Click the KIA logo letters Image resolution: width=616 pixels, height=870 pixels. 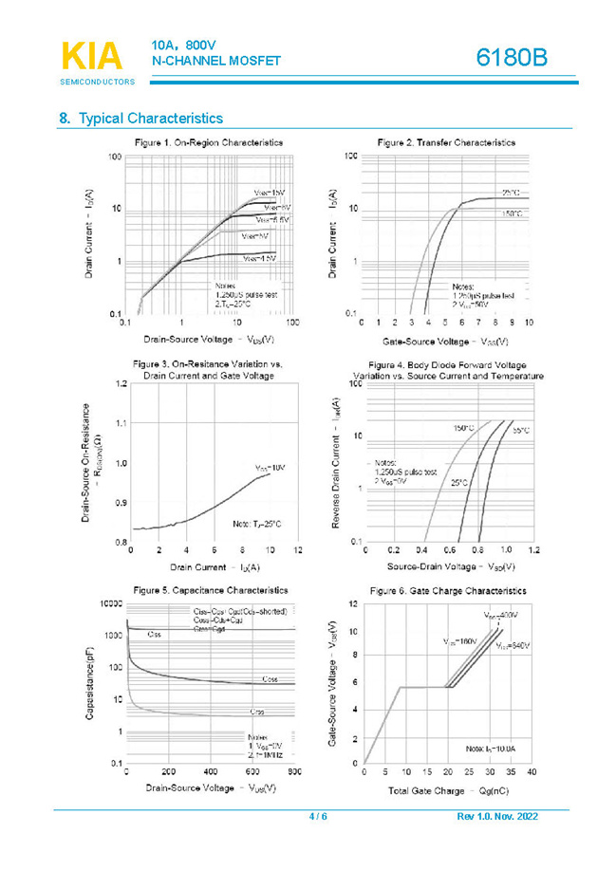pos(91,56)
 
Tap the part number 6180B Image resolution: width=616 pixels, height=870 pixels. pos(513,59)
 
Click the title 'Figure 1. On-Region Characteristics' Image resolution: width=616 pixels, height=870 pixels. pos(208,142)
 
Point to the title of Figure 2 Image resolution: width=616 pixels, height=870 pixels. pos(445,142)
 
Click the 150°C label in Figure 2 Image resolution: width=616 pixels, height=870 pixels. pos(511,215)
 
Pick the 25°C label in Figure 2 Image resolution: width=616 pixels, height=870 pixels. pos(512,191)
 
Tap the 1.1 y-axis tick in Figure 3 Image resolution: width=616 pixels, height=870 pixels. pos(121,423)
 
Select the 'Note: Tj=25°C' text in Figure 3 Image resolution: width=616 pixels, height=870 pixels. pos(257,524)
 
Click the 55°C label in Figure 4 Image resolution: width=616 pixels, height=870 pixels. pos(521,430)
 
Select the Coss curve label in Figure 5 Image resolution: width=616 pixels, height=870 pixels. pos(270,679)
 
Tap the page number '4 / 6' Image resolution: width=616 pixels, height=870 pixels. pos(318,817)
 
